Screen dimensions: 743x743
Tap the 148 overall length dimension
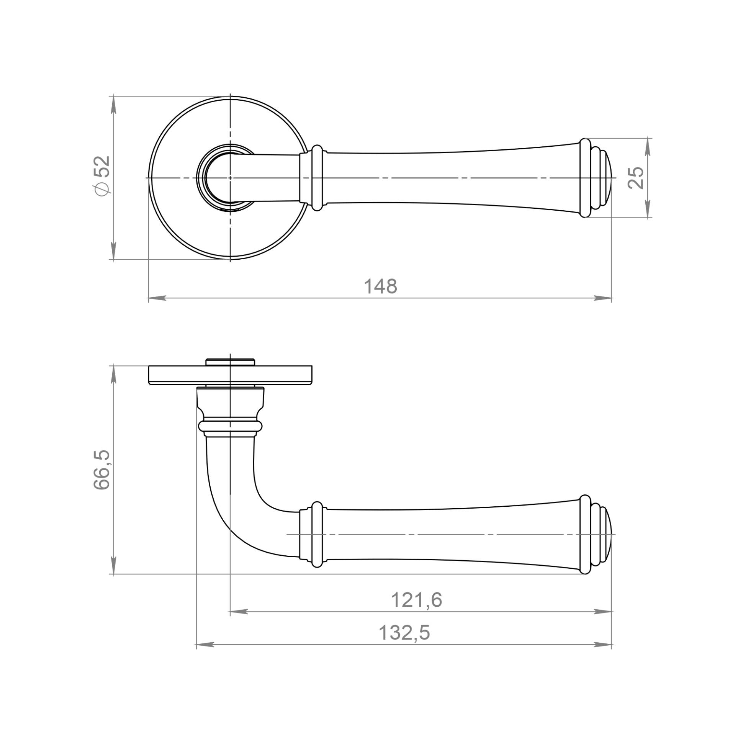coord(380,287)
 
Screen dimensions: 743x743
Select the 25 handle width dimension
coord(636,178)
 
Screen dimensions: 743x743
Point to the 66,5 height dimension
coord(102,470)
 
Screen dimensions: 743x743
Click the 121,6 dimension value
coord(416,600)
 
